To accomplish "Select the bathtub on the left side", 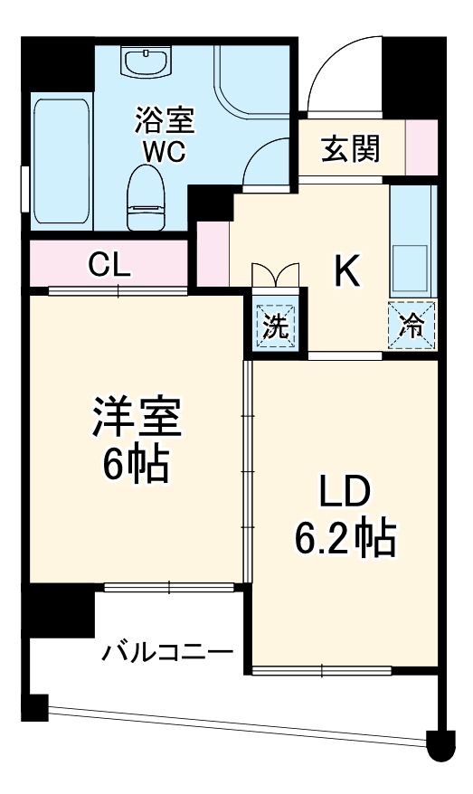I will [x=61, y=160].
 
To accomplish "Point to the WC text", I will [x=164, y=151].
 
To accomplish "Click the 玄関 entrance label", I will [x=350, y=147].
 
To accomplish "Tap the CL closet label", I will [x=109, y=265].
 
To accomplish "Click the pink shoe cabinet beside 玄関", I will [x=421, y=147].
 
